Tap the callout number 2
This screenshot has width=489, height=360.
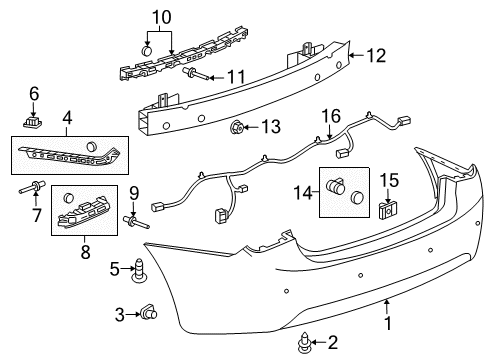click(333, 343)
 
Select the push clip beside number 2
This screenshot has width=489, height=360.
click(304, 344)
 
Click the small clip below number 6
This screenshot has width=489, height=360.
click(32, 122)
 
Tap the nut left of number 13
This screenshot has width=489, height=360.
click(238, 126)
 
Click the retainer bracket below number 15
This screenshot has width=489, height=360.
click(387, 211)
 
